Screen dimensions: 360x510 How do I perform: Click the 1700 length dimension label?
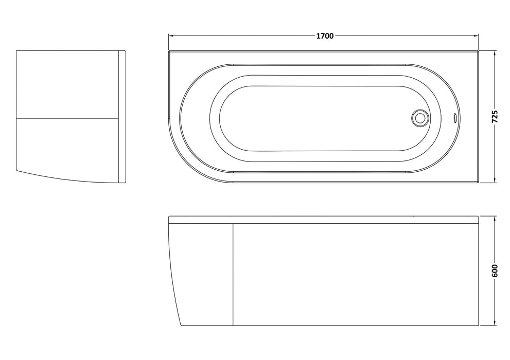tap(325, 36)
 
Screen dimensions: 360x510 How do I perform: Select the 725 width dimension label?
tap(495, 117)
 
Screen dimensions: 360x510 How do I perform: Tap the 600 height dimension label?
tap(495, 271)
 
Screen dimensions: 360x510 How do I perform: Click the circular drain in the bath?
tap(419, 118)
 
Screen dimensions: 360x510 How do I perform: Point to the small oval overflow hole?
tap(454, 118)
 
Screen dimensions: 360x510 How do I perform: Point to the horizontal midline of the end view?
tap(67, 117)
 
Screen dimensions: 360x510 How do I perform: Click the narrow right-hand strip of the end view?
tap(122, 117)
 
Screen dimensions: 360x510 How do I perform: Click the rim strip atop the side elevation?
tap(324, 220)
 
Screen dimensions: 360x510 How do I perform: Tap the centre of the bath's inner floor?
tap(314, 118)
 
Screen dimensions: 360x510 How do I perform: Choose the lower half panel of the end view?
tap(67, 147)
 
